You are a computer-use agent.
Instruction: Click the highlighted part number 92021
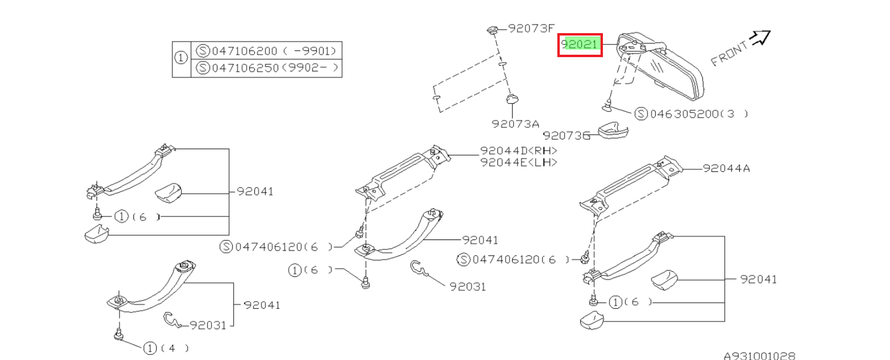point(579,44)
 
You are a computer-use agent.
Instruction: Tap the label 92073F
point(531,28)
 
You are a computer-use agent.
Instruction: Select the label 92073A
point(516,124)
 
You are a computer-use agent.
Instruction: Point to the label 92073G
point(566,136)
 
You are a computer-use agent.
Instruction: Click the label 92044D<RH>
point(519,151)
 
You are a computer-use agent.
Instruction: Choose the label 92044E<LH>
point(519,162)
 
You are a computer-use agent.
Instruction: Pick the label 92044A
point(726,168)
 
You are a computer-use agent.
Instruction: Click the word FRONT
point(729,53)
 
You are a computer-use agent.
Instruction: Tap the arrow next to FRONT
point(760,37)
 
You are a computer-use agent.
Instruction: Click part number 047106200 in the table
point(245,51)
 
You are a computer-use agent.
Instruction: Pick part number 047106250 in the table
point(245,68)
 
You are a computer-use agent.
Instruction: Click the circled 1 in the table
point(180,58)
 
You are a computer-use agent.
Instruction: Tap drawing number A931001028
point(759,356)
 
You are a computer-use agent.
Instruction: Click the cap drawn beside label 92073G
point(613,131)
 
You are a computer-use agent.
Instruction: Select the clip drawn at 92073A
point(513,99)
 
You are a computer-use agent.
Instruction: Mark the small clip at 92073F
point(492,31)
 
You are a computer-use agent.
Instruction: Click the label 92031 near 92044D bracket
point(468,287)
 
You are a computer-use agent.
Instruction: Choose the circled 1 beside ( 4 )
point(150,348)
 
